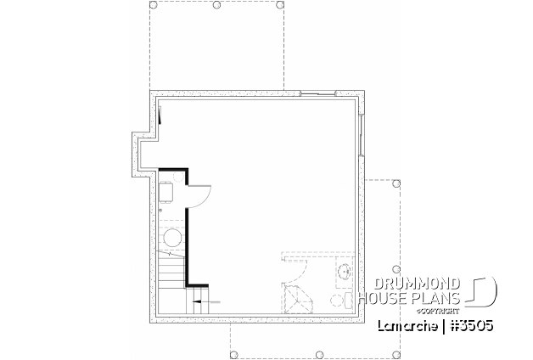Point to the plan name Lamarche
click(407, 326)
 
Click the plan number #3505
click(472, 326)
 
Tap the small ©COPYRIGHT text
click(435, 308)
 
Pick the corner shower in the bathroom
click(295, 298)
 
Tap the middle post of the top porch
click(217, 6)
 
